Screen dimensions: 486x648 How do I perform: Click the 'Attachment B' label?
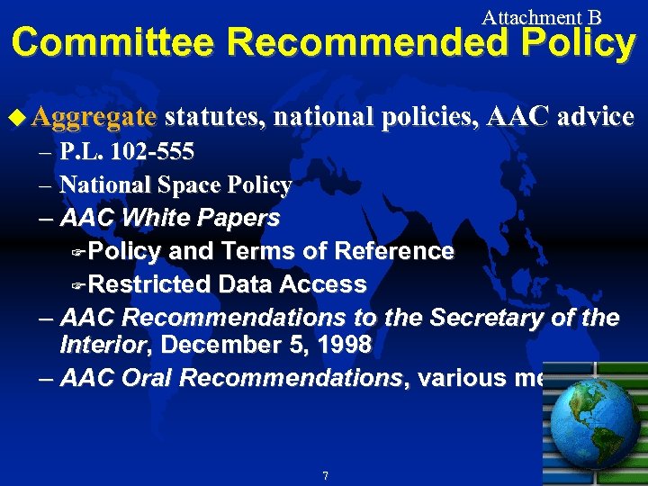click(x=541, y=16)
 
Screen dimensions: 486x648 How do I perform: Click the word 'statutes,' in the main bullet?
click(x=214, y=117)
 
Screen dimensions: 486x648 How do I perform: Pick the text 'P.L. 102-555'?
click(x=126, y=151)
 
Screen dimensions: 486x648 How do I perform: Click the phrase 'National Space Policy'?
click(x=175, y=184)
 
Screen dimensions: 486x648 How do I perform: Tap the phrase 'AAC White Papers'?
click(x=169, y=218)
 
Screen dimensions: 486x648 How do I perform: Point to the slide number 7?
click(x=324, y=474)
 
